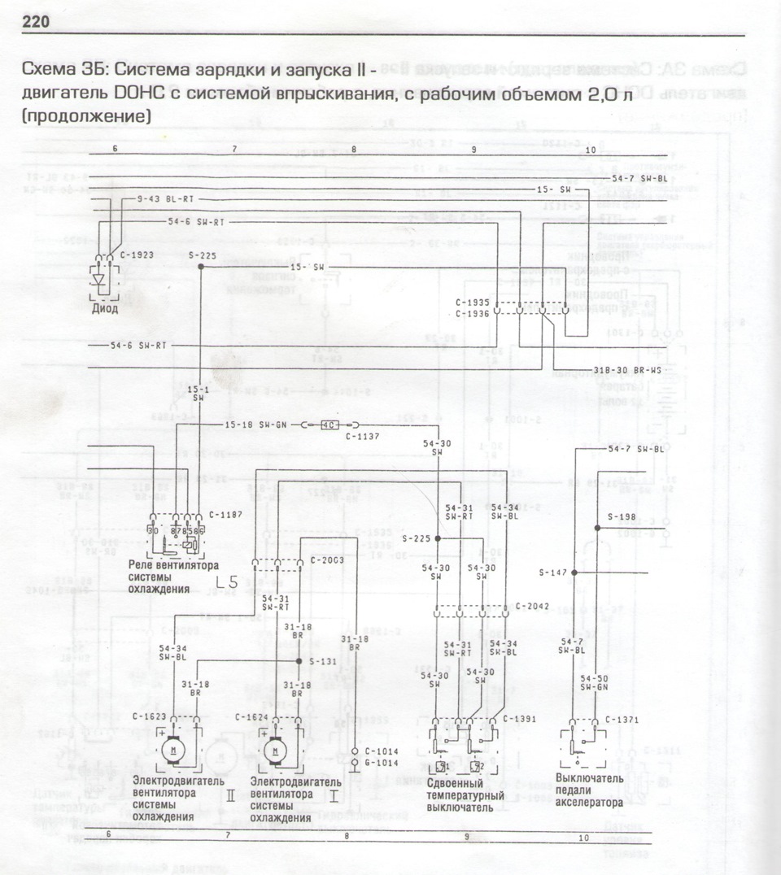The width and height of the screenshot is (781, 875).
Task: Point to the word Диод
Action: [x=105, y=308]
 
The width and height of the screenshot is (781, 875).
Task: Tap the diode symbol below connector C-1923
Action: [x=101, y=279]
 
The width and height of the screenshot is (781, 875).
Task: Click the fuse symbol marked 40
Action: [x=329, y=425]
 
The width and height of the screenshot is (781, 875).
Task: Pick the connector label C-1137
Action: [x=364, y=437]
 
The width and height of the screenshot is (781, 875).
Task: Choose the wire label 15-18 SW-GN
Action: [x=255, y=425]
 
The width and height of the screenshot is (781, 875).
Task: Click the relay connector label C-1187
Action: [x=225, y=514]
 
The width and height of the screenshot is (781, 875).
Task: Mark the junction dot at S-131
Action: [x=299, y=662]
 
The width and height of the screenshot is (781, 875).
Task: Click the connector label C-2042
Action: [x=532, y=607]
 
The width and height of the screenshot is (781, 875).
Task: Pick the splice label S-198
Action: [x=622, y=516]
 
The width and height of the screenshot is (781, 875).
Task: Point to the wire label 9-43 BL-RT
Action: [x=166, y=198]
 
